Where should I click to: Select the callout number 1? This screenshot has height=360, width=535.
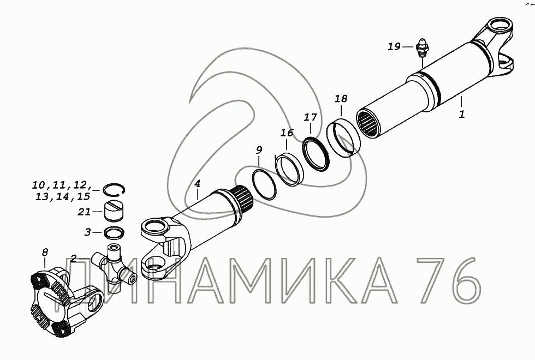pos(462,114)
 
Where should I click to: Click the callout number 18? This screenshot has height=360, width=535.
pos(341,99)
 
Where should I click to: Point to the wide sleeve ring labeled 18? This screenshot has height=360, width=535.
pos(343,139)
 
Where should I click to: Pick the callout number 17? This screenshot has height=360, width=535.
pos(311,117)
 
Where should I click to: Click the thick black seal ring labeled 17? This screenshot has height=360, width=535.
pos(316,153)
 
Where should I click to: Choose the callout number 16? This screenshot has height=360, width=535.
pos(287,133)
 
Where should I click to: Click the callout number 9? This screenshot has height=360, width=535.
pos(259,149)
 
